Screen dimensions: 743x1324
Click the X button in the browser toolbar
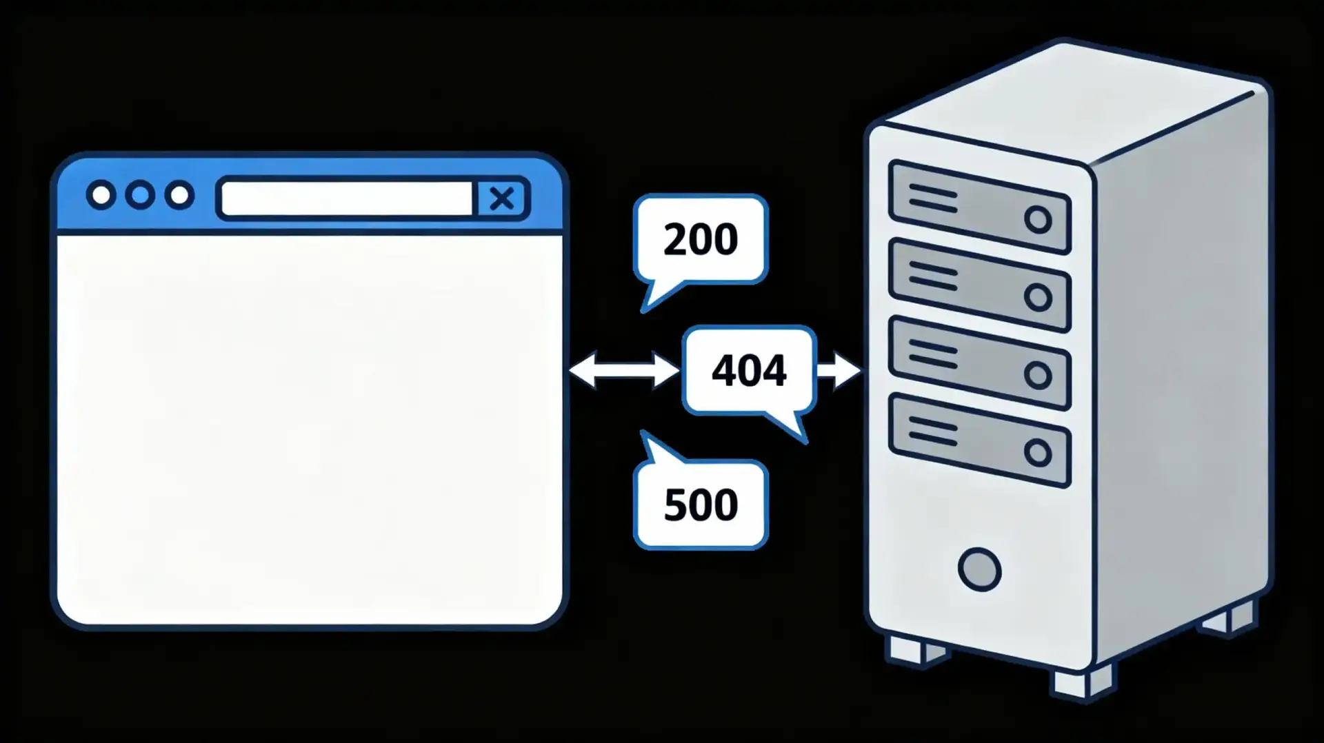pyautogui.click(x=502, y=199)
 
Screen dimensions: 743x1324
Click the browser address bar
pyautogui.click(x=346, y=199)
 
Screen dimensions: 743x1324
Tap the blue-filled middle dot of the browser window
pyautogui.click(x=140, y=196)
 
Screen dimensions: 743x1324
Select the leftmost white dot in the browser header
pyautogui.click(x=101, y=196)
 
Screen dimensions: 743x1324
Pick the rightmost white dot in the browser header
pyautogui.click(x=179, y=196)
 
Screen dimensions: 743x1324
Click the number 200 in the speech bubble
pyautogui.click(x=701, y=239)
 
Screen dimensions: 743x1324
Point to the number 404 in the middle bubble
pyautogui.click(x=749, y=370)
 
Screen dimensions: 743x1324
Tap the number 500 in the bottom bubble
pyautogui.click(x=701, y=505)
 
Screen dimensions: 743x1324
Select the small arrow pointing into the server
pyautogui.click(x=840, y=370)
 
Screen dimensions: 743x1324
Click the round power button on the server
pyautogui.click(x=979, y=569)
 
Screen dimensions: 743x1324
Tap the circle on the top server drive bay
pyautogui.click(x=1037, y=220)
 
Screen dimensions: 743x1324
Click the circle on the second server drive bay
pyautogui.click(x=1037, y=297)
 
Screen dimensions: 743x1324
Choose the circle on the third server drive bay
pyautogui.click(x=1037, y=375)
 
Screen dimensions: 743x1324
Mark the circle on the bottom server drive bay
pyautogui.click(x=1037, y=453)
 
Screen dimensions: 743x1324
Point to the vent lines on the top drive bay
pyautogui.click(x=932, y=199)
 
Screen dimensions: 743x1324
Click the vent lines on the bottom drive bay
pyautogui.click(x=932, y=431)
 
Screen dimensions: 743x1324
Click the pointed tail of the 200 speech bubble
pyautogui.click(x=652, y=297)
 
